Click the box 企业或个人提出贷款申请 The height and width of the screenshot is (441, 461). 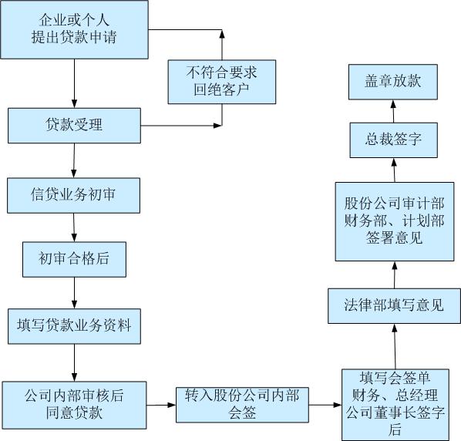click(x=74, y=29)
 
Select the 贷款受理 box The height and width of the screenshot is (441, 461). click(x=74, y=126)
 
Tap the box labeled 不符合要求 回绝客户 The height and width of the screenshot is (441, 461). click(x=222, y=82)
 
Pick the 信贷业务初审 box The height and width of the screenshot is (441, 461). click(x=73, y=196)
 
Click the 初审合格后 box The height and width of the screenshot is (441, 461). click(x=74, y=259)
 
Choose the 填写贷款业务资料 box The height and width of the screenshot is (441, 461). click(x=74, y=326)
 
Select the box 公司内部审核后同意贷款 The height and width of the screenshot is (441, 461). click(x=74, y=405)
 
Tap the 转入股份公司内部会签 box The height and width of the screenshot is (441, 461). click(x=242, y=405)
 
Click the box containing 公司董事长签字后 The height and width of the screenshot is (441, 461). click(x=395, y=405)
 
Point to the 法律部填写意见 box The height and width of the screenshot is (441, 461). click(x=394, y=306)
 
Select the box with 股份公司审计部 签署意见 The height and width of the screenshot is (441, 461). click(x=395, y=221)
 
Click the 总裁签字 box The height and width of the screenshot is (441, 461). click(x=394, y=140)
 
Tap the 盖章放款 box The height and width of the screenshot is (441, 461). click(x=393, y=82)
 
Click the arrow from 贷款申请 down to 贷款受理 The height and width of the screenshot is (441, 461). click(x=74, y=83)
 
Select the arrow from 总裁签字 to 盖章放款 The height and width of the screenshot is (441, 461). click(x=393, y=111)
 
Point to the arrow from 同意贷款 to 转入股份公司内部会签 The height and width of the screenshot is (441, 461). click(x=161, y=405)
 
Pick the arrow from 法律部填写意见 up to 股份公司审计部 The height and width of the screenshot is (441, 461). click(x=395, y=274)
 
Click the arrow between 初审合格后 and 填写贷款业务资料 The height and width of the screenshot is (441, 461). click(x=74, y=293)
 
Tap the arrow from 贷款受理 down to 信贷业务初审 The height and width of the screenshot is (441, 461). click(x=74, y=160)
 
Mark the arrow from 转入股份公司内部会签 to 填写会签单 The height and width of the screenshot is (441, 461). click(x=325, y=405)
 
